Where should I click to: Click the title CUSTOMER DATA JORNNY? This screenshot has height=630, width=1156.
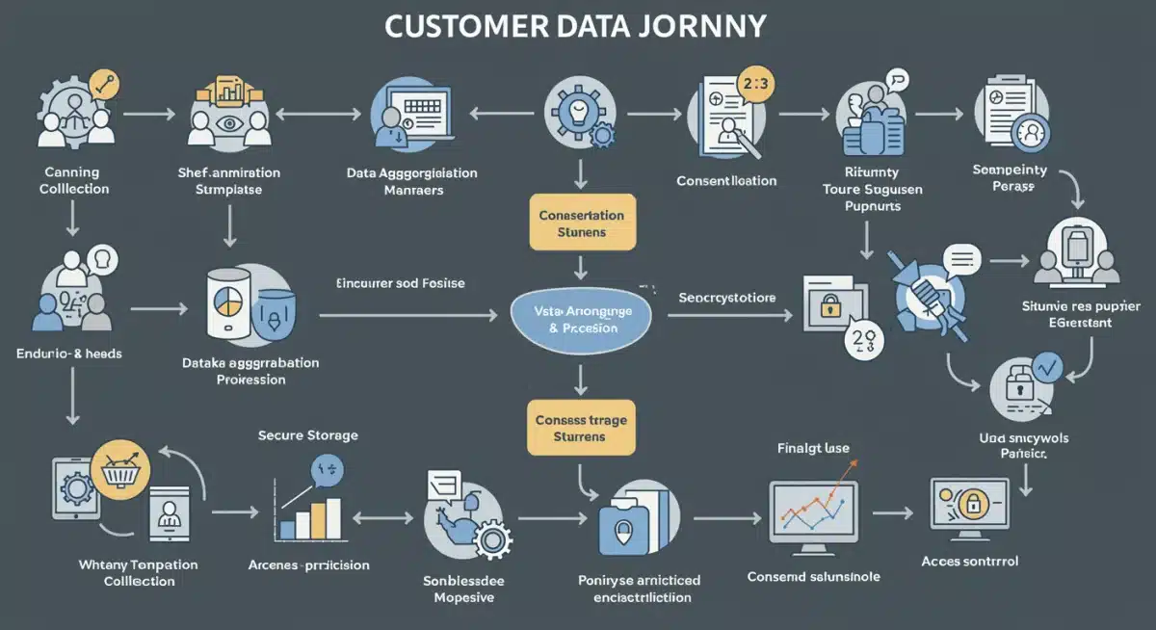tap(578, 27)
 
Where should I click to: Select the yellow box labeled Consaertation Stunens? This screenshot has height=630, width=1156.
tap(581, 223)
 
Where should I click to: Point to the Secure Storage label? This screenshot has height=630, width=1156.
tap(307, 435)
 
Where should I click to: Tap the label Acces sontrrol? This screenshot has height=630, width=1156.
tap(969, 561)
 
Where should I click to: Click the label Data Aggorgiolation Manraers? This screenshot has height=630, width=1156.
tap(411, 181)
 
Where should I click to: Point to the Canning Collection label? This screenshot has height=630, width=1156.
tap(73, 180)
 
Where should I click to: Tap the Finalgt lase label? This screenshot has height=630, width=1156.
tap(813, 448)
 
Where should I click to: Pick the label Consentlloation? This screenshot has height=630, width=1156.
tap(725, 181)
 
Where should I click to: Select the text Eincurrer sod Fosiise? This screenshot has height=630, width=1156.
tap(400, 283)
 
